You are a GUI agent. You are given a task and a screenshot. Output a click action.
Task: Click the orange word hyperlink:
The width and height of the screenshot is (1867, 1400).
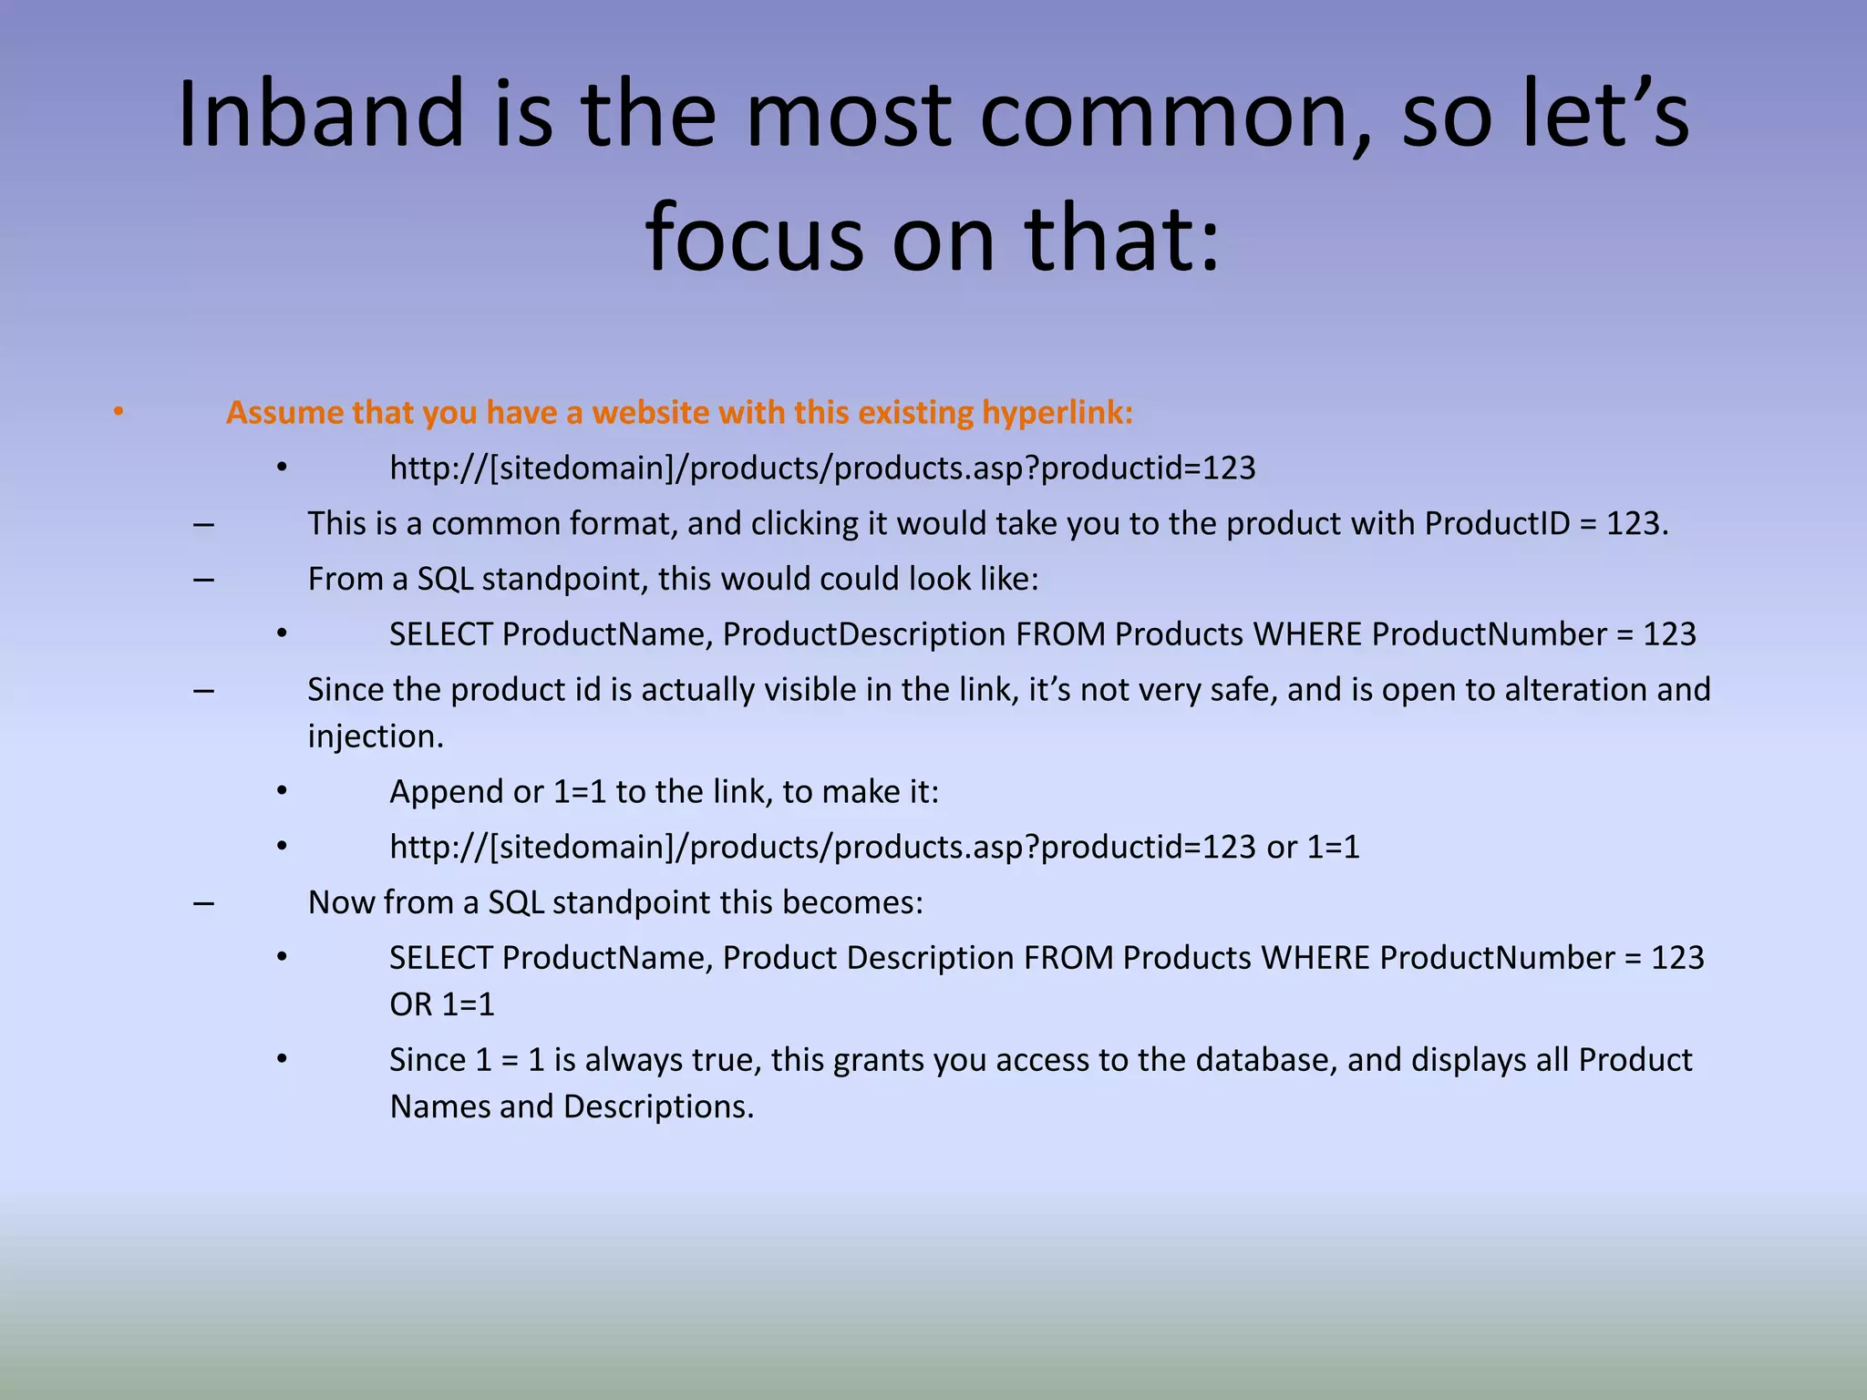(x=1057, y=413)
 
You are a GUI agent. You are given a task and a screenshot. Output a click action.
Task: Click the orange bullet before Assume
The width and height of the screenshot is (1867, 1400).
(x=118, y=413)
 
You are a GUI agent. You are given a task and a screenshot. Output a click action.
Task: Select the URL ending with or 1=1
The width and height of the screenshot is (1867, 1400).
(x=874, y=848)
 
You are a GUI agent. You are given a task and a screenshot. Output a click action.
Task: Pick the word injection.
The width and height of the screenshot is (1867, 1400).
(x=375, y=736)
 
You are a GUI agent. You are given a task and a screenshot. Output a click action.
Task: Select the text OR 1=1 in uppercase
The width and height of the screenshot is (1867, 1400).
(x=442, y=1004)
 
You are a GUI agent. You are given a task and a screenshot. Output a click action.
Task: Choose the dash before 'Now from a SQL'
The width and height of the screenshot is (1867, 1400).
(x=203, y=902)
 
